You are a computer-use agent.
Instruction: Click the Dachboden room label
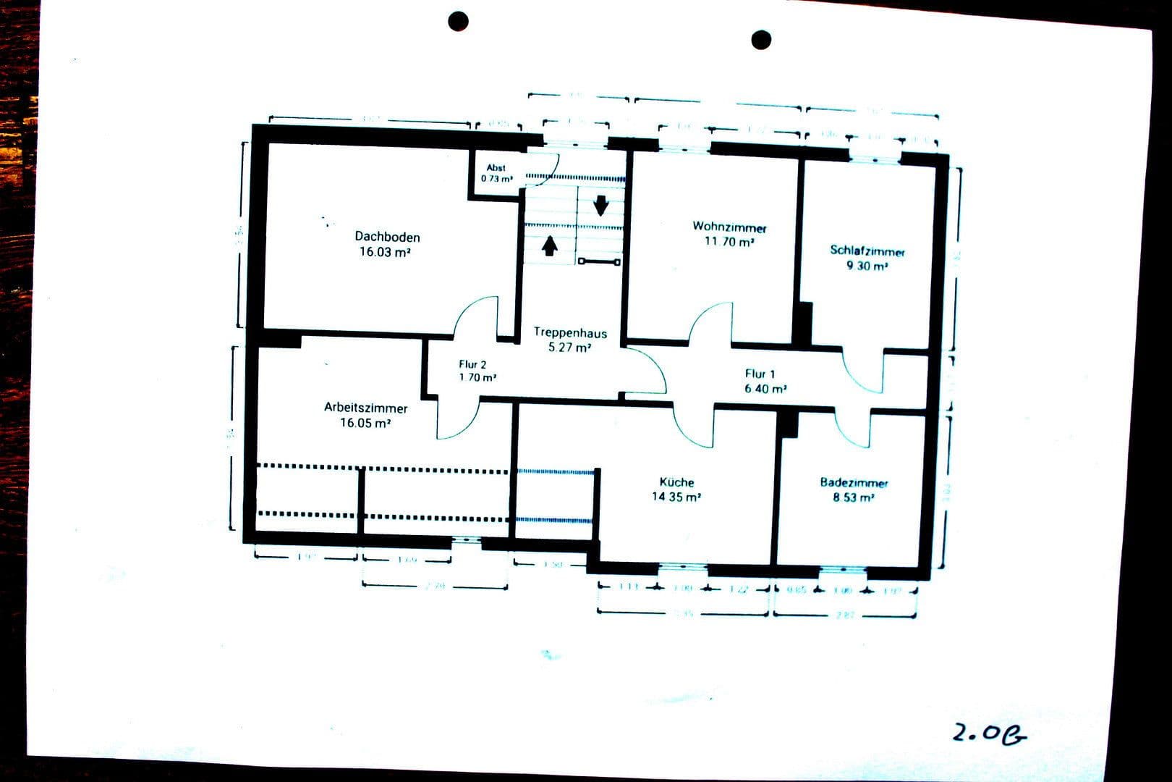[387, 237]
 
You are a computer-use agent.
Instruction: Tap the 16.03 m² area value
[385, 252]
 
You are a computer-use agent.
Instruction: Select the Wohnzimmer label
[729, 227]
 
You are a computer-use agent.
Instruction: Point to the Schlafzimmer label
[867, 251]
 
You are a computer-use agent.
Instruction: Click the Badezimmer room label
[854, 483]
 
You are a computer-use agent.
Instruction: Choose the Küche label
[676, 482]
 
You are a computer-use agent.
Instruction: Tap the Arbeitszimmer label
[365, 408]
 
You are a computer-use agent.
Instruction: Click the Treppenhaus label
[570, 333]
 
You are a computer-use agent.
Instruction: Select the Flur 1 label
[760, 374]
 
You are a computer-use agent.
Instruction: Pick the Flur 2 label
[472, 364]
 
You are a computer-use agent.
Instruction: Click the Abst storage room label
[496, 168]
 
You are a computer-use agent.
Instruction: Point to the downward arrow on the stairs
[600, 206]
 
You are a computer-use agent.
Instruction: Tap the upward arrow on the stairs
[550, 246]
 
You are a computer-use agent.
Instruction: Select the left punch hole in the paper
[458, 21]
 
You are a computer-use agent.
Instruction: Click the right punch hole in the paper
[761, 40]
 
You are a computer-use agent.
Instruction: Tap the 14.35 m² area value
[676, 497]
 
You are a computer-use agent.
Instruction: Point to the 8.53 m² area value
[854, 497]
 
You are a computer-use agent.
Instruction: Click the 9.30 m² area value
[867, 266]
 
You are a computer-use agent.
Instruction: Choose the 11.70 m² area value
[729, 242]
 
